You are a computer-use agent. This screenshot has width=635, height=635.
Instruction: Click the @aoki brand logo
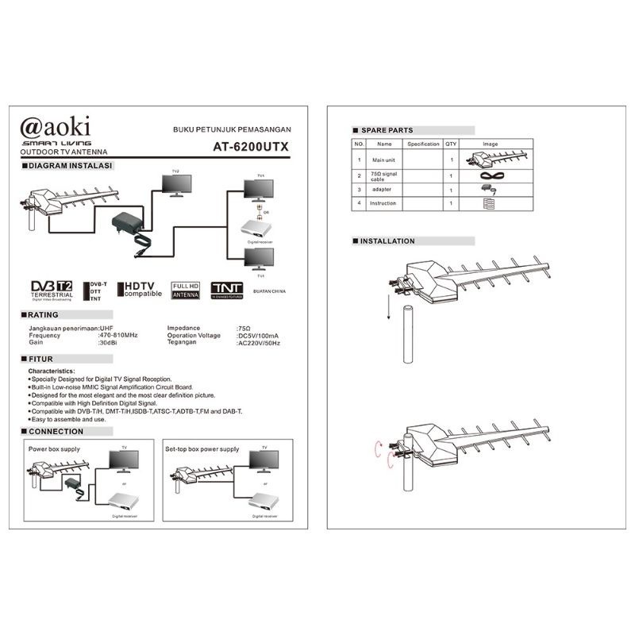pos(55,126)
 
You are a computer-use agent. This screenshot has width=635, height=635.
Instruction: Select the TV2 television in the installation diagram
pos(175,183)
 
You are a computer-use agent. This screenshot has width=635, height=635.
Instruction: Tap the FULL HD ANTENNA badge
pos(186,289)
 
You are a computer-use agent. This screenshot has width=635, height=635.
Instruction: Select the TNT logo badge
pos(226,289)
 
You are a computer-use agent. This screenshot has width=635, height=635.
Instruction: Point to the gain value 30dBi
pos(108,342)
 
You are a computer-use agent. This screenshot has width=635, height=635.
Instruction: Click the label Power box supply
pos(53,449)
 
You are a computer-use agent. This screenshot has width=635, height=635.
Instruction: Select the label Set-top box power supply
pos(202,449)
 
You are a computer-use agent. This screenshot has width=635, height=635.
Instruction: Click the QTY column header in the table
pos(451,144)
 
